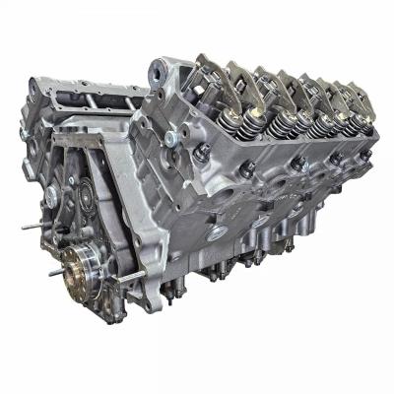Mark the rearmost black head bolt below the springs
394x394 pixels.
click(356, 159)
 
